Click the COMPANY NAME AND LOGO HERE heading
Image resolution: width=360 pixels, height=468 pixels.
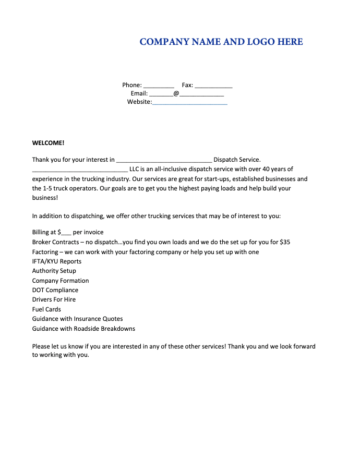click(221, 42)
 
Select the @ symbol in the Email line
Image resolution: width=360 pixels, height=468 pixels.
click(176, 94)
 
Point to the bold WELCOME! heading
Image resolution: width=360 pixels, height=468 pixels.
click(48, 142)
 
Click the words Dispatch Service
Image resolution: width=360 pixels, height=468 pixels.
click(237, 160)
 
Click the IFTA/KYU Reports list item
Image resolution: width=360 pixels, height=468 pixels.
click(57, 261)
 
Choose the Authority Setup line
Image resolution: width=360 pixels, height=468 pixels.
click(54, 271)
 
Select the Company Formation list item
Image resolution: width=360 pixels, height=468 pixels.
click(61, 281)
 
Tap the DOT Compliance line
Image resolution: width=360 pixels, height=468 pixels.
click(55, 290)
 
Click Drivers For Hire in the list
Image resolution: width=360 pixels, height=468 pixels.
click(54, 299)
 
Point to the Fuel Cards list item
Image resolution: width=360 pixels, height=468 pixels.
click(46, 309)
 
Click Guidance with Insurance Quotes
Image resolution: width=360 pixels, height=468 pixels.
click(78, 319)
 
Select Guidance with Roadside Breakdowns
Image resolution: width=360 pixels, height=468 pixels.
click(83, 329)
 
